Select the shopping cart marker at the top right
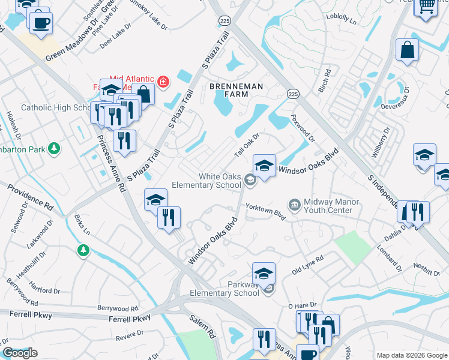[x=427, y=5]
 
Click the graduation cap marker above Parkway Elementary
[x=264, y=274]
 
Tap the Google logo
[x=20, y=353]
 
